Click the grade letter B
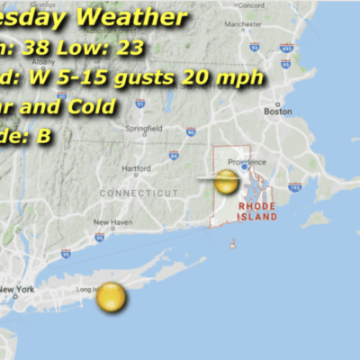43,136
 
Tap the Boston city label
278,112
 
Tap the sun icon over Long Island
111,296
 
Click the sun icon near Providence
227,181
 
